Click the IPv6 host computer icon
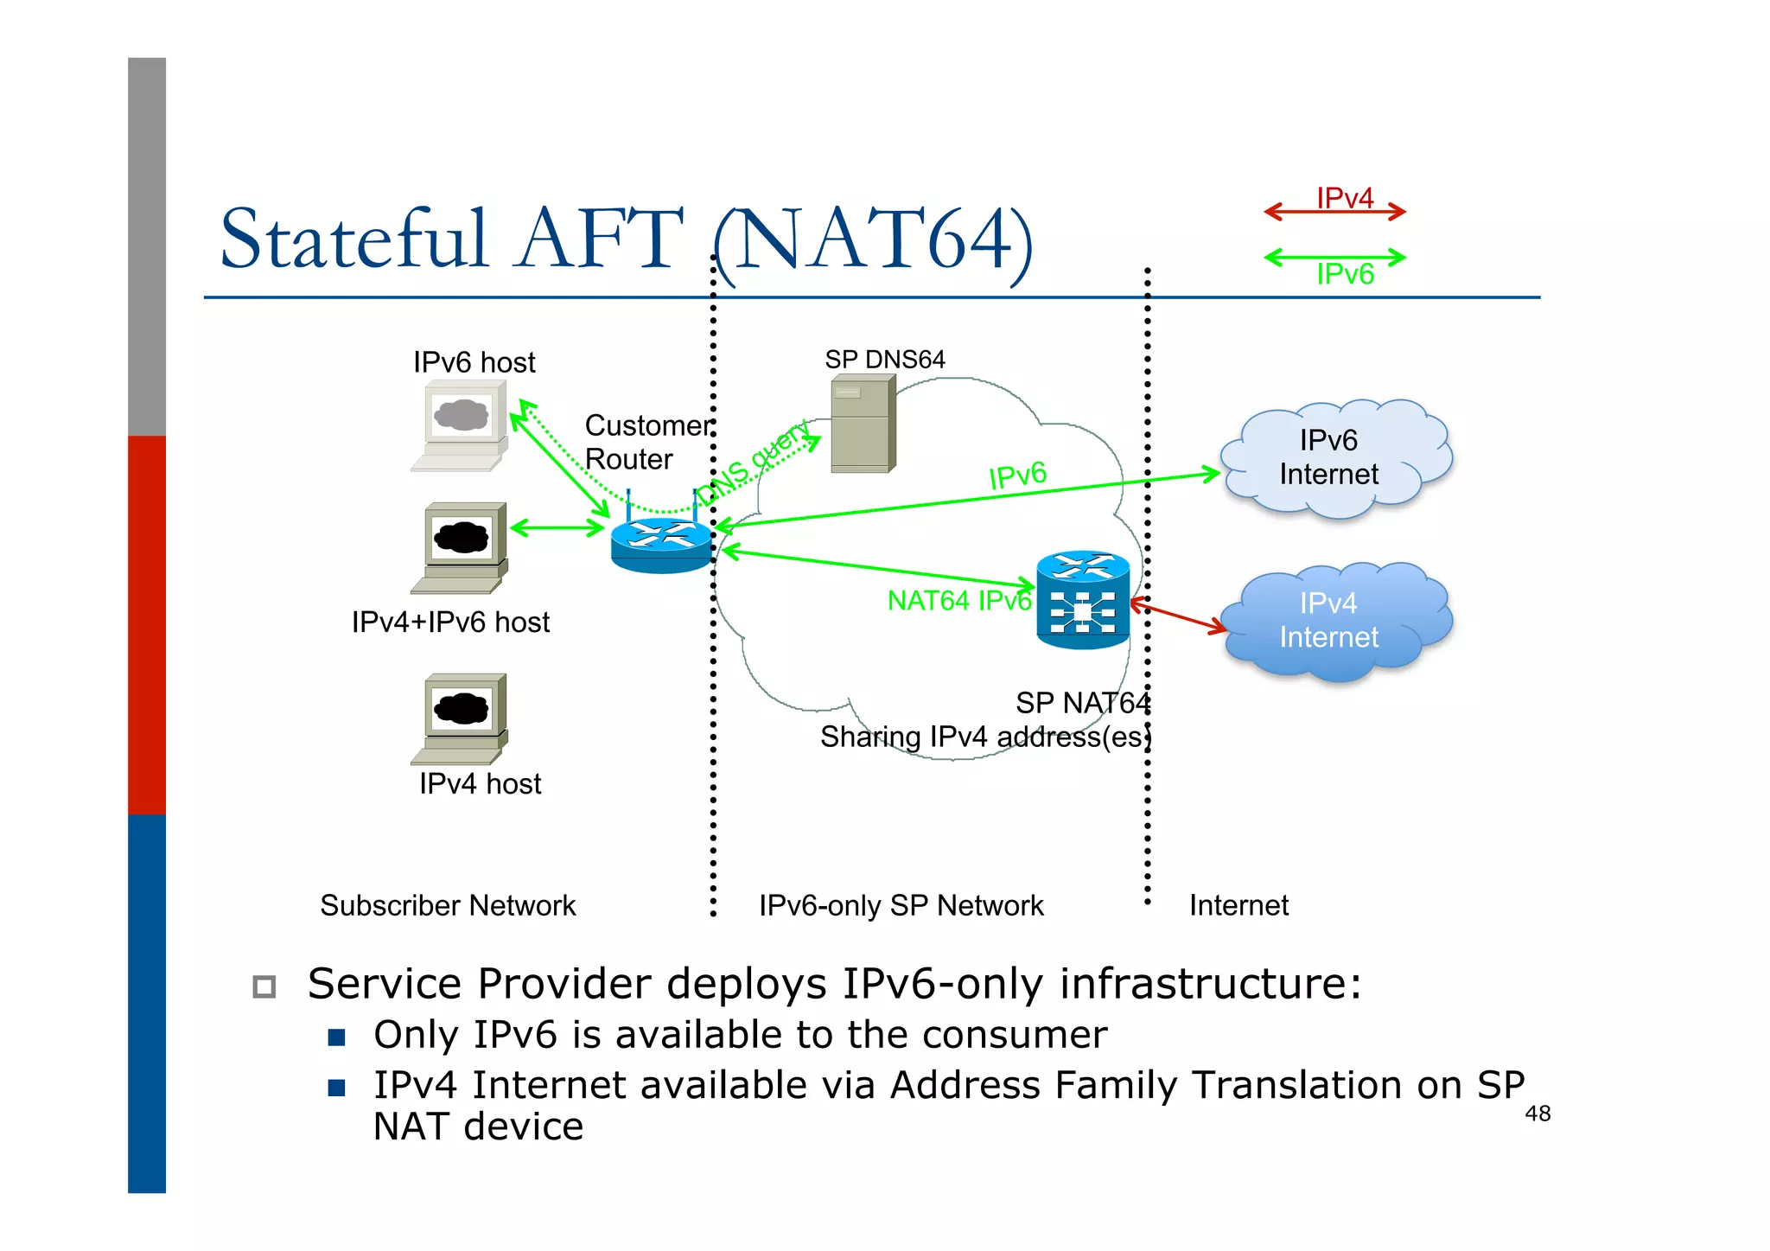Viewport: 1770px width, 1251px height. pyautogui.click(x=460, y=426)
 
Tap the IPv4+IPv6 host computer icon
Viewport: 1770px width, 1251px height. pyautogui.click(x=460, y=547)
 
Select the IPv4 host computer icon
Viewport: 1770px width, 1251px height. pyautogui.click(x=460, y=718)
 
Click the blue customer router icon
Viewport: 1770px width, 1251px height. pyautogui.click(x=661, y=544)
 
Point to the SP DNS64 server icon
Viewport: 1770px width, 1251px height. pyautogui.click(x=863, y=424)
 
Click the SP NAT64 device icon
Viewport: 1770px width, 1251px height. pyautogui.click(x=1083, y=600)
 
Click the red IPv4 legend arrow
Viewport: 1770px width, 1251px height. pyautogui.click(x=1334, y=212)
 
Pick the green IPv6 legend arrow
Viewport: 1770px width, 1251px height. pyautogui.click(x=1334, y=257)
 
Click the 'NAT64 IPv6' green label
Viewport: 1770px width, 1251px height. pyautogui.click(x=958, y=601)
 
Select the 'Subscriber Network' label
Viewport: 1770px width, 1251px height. pyautogui.click(x=448, y=905)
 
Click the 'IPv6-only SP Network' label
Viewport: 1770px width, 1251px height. pyautogui.click(x=901, y=905)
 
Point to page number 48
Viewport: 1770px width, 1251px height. pyautogui.click(x=1538, y=1114)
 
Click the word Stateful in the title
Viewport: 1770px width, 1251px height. pyautogui.click(x=354, y=239)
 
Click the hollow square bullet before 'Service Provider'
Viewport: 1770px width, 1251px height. pyautogui.click(x=264, y=986)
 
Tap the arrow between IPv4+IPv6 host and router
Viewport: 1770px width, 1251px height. pyautogui.click(x=557, y=527)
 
